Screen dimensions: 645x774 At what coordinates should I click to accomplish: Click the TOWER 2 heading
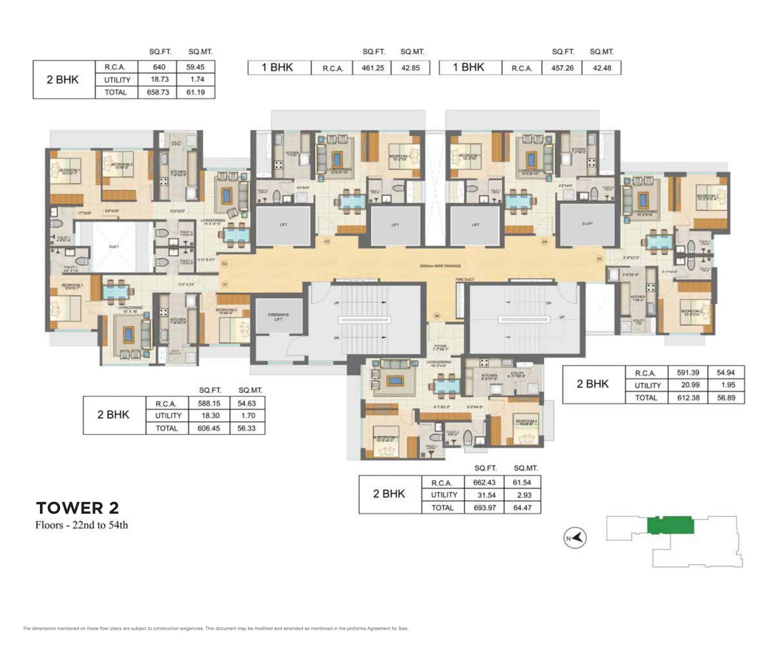tap(77, 508)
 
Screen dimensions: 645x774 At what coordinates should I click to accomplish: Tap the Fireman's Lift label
tap(278, 317)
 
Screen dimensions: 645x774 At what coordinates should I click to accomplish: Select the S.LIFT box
tap(588, 224)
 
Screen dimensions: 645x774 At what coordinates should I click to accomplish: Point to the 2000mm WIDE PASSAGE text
tap(440, 266)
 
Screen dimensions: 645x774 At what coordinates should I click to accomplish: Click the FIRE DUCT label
tap(465, 279)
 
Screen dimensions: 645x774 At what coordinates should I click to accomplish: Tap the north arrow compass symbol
tap(575, 538)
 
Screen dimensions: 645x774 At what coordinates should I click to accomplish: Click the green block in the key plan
tap(670, 525)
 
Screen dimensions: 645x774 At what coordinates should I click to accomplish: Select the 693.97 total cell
tap(485, 508)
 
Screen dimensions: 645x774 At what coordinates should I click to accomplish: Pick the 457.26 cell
tap(562, 68)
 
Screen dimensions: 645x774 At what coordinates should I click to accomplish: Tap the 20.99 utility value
tap(688, 385)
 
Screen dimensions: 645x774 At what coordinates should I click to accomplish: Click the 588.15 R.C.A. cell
tap(209, 403)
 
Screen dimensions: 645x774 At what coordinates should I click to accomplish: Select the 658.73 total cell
tap(158, 92)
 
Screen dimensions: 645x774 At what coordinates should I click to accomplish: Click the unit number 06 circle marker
tap(437, 316)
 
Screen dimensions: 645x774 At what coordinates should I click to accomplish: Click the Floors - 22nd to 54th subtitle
tap(82, 525)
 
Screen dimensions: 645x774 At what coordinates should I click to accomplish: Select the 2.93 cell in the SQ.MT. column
tap(524, 495)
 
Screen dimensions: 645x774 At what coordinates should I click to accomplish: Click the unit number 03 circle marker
tap(327, 242)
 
